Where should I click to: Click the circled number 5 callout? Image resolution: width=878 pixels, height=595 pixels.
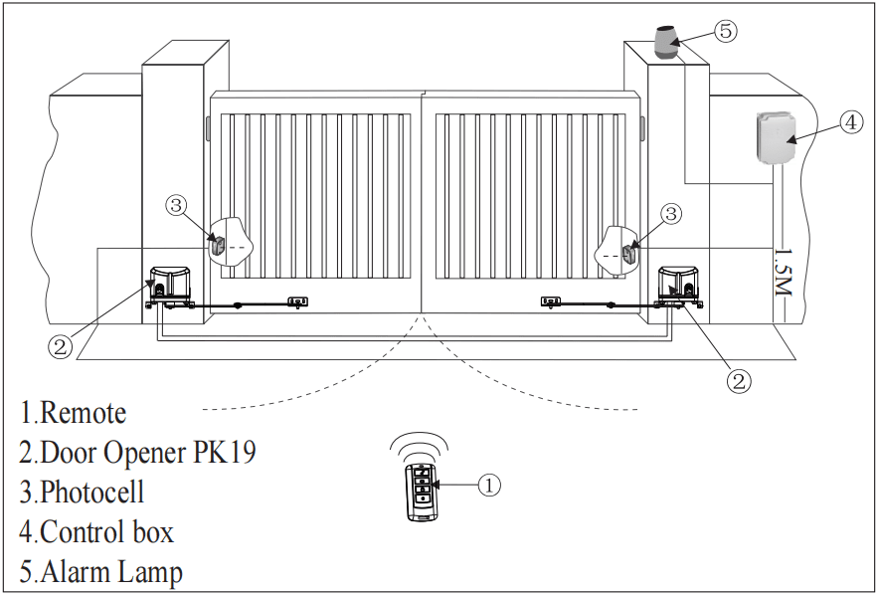(x=726, y=31)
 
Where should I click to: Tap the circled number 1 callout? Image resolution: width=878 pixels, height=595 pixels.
(x=488, y=485)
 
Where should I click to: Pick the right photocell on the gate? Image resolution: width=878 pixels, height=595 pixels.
(x=628, y=251)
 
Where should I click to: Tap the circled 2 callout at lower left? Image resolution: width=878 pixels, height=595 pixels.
(x=61, y=346)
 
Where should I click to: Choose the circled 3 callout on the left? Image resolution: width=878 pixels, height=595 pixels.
(x=176, y=206)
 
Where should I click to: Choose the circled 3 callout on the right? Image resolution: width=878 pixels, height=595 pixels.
(x=672, y=213)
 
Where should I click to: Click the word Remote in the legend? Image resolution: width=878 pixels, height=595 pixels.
(x=83, y=413)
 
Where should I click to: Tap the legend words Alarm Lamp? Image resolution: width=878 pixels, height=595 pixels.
(x=110, y=573)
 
